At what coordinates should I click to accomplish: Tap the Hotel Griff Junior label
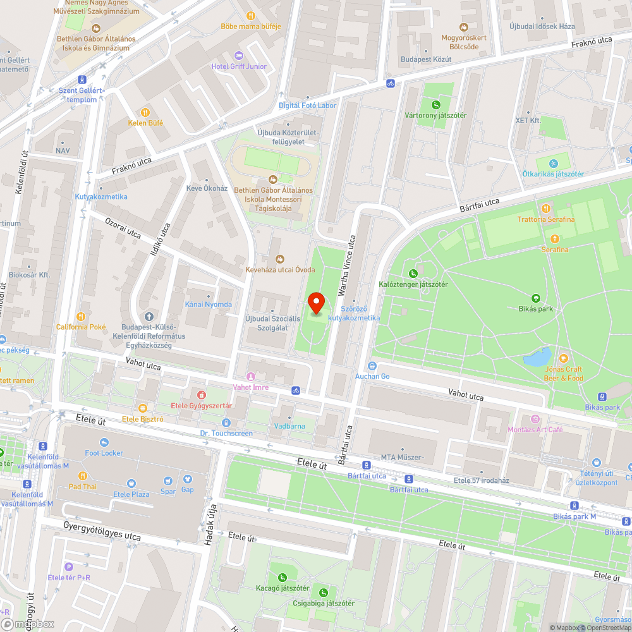240,66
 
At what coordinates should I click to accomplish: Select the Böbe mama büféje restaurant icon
250,16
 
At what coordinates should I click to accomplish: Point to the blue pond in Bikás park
537,358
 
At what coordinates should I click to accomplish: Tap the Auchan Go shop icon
372,366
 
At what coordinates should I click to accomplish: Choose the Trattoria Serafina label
546,219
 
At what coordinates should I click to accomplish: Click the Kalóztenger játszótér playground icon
413,274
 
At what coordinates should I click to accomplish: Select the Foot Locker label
104,453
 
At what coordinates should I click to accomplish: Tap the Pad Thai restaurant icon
82,476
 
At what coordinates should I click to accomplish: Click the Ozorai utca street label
123,228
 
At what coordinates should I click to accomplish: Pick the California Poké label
81,327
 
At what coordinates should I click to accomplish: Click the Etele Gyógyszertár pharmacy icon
202,395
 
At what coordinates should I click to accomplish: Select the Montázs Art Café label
535,430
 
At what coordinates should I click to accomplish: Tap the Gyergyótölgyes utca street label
102,530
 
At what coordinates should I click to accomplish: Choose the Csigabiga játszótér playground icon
324,592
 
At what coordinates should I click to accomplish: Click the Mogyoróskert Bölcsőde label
464,42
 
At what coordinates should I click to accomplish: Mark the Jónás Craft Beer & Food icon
563,358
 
